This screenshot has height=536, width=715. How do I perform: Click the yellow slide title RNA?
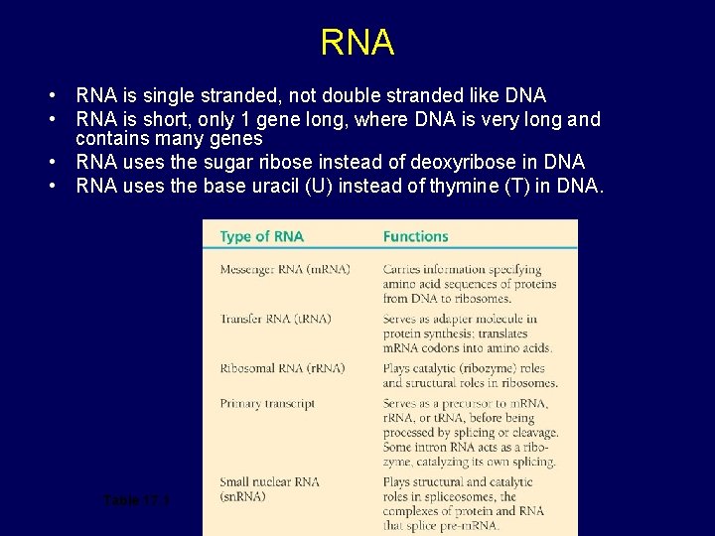357,43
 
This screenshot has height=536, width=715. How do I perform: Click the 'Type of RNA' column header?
262,236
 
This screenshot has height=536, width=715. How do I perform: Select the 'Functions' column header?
415,236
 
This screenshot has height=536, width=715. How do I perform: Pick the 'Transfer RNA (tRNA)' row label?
262,319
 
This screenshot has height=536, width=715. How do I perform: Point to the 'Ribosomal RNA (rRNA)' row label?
268,368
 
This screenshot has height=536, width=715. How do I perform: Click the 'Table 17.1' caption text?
137,499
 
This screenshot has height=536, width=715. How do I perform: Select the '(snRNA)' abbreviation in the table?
243,496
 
